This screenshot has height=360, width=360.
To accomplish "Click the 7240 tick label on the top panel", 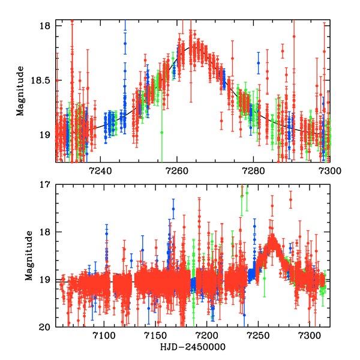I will tap(99, 170).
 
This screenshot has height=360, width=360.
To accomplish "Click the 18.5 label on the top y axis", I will tap(45, 80).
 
